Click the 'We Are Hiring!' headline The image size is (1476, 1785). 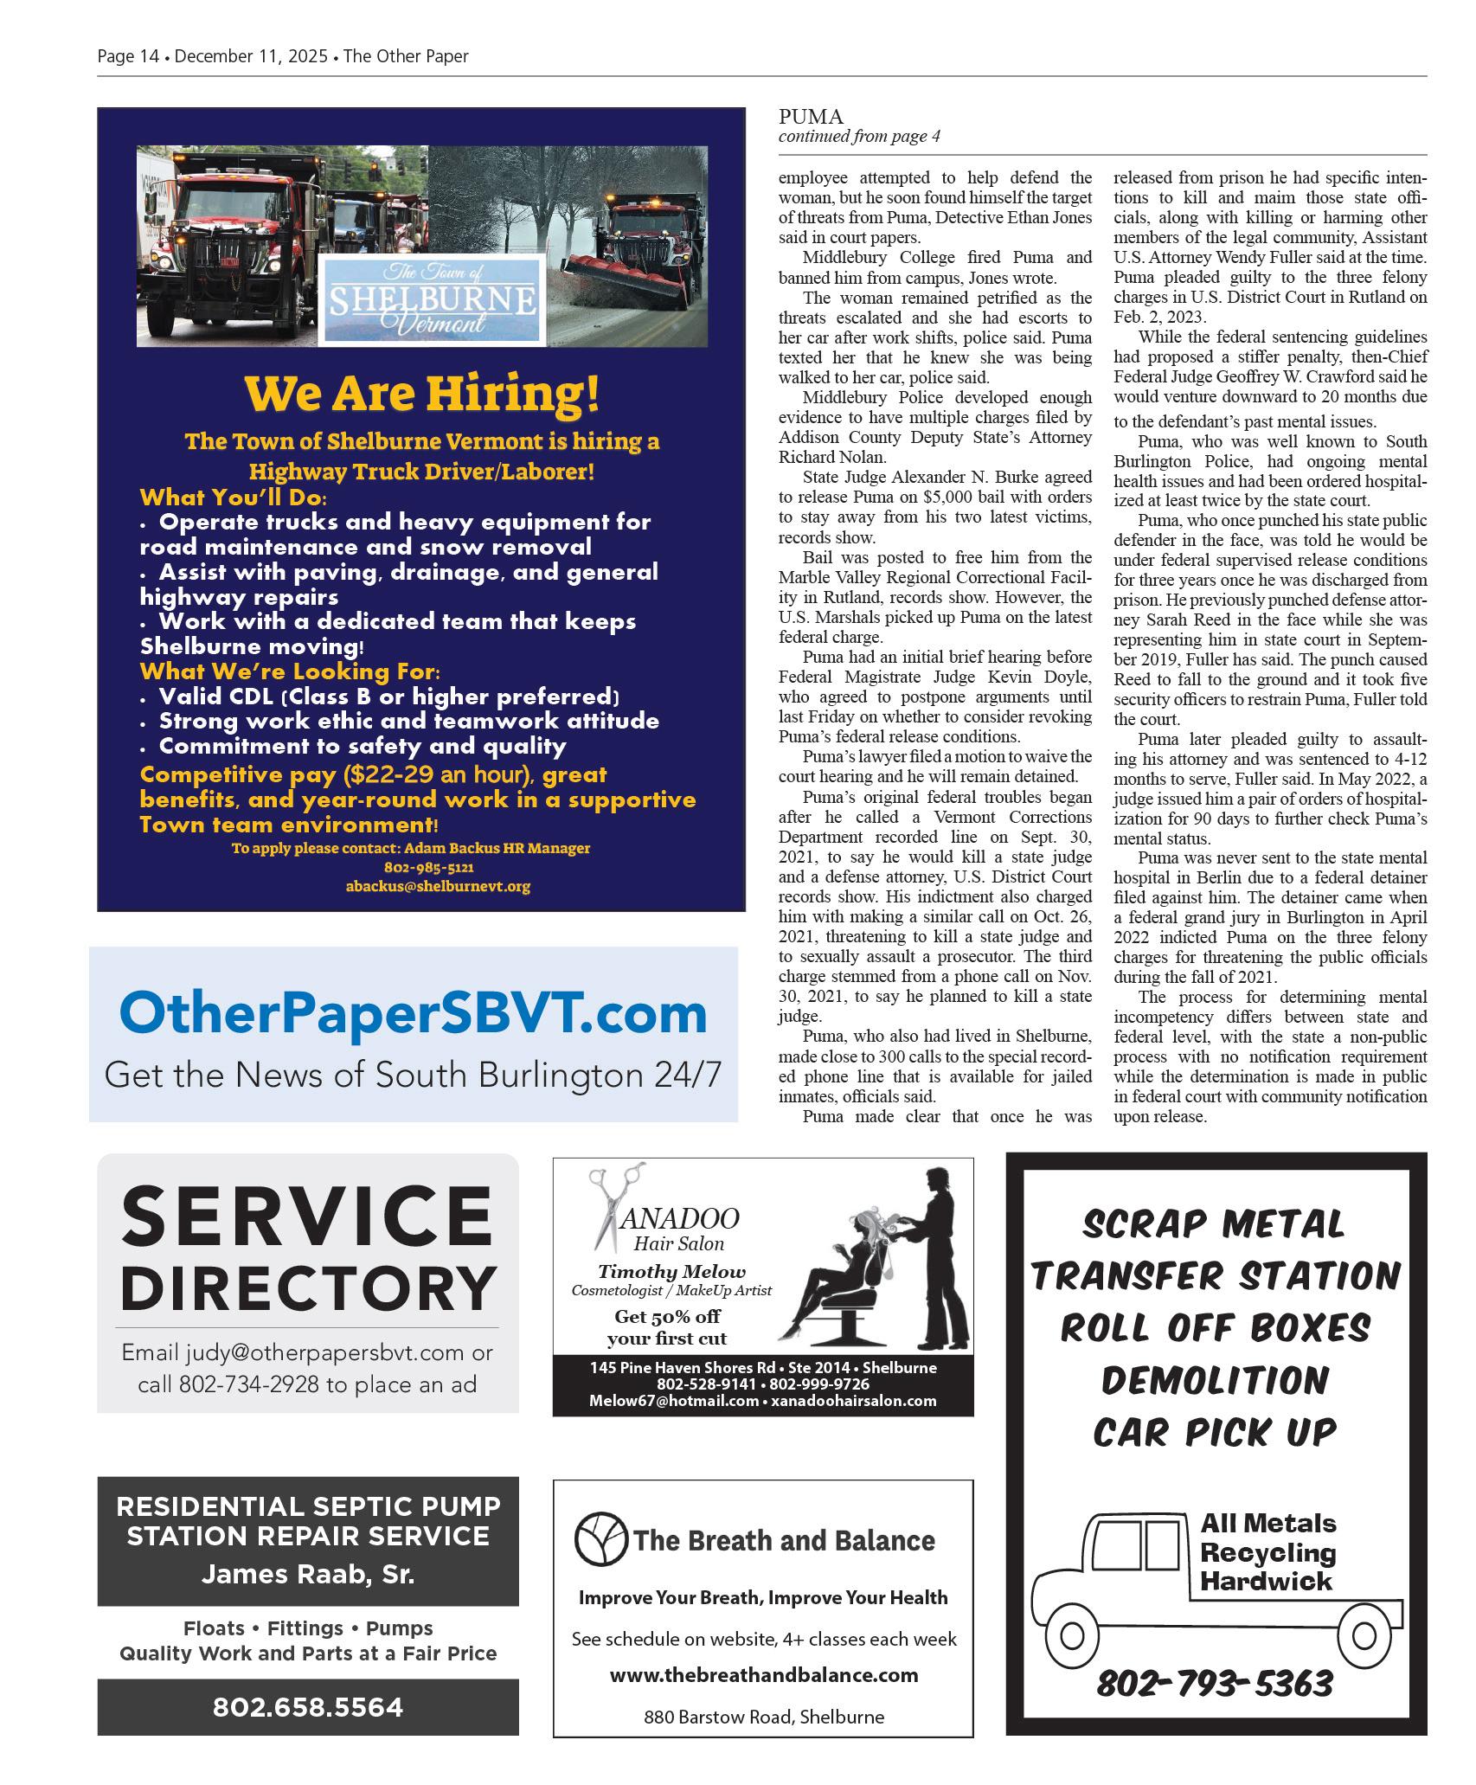coord(421,394)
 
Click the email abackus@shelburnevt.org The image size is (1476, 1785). coord(438,886)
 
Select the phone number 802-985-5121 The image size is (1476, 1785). coord(428,867)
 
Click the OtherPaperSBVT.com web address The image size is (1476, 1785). coord(413,1012)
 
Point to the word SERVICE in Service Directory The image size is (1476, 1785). coord(307,1216)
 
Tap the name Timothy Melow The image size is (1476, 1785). coord(671,1271)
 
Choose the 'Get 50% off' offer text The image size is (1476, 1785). coord(667,1316)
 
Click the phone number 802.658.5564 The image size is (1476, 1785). coord(308,1707)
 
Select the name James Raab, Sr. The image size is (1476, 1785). coord(308,1574)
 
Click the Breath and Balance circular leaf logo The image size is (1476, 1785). coord(600,1539)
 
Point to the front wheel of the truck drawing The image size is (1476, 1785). coord(1072,1636)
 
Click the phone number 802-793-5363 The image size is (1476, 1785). coord(1215,1683)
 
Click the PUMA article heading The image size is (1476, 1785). coord(811,117)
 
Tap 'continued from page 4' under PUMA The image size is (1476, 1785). coord(859,137)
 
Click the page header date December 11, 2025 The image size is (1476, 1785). coord(251,57)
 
